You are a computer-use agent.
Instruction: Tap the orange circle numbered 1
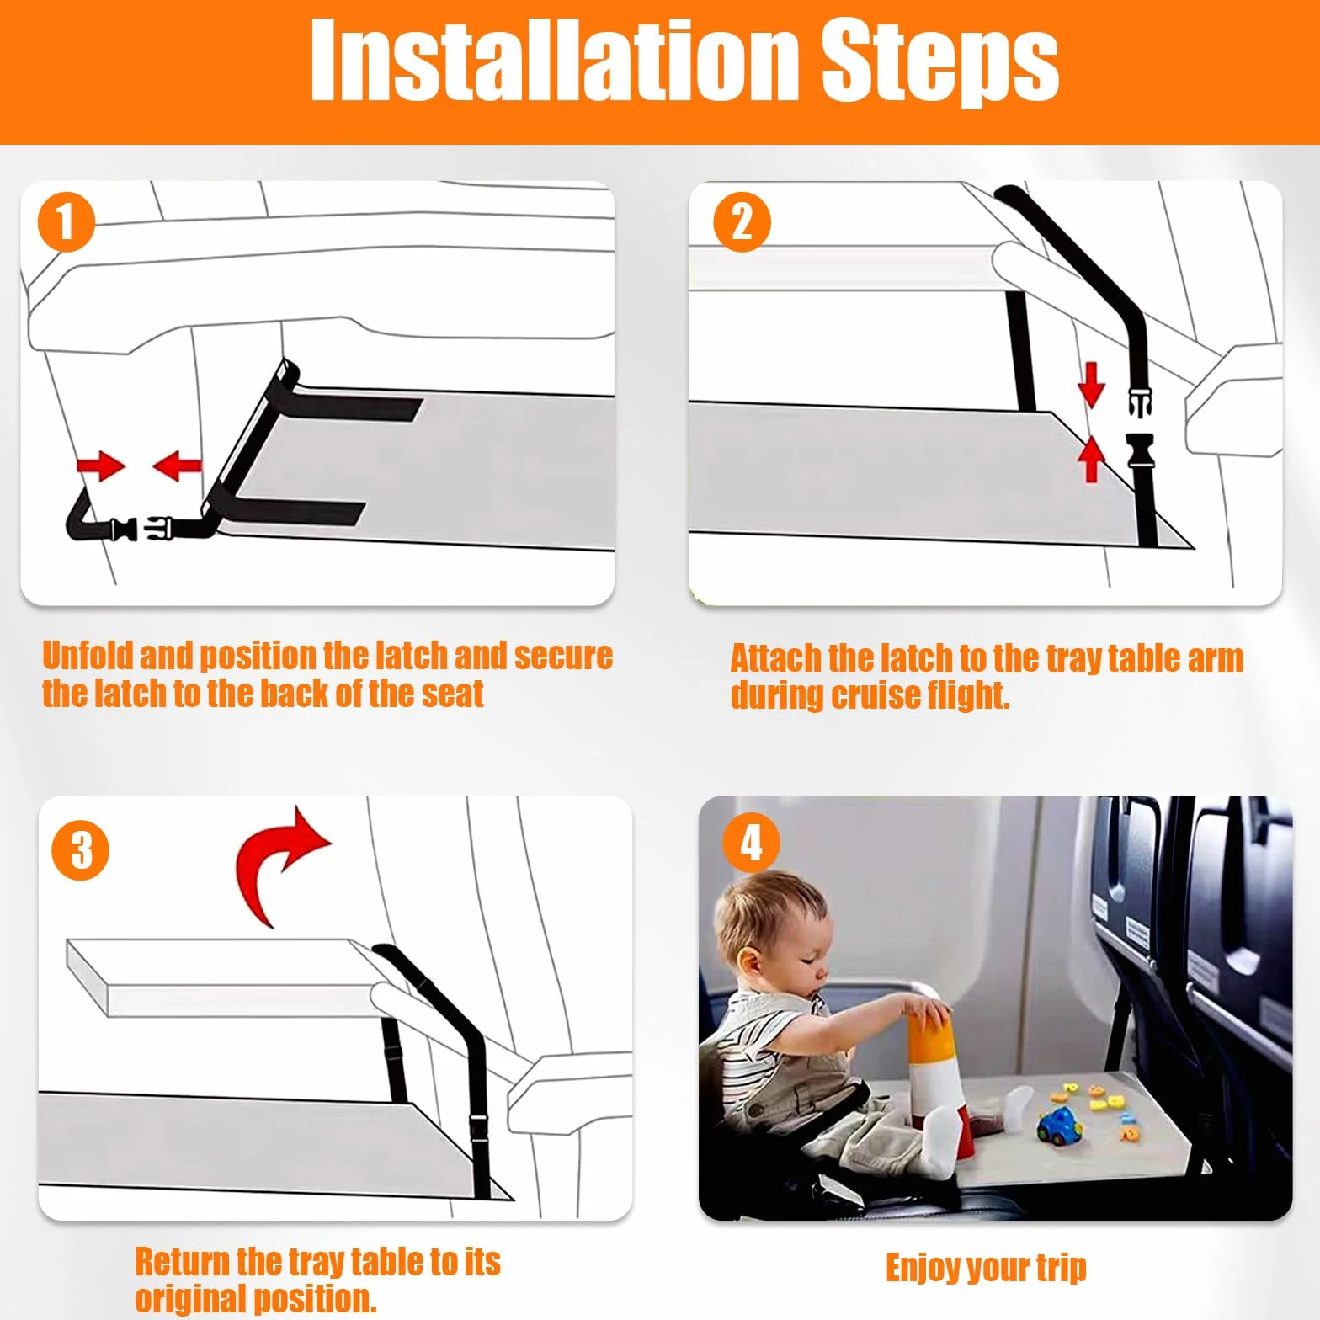pos(66,222)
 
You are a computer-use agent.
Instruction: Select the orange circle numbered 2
pos(742,222)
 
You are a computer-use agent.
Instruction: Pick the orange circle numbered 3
pos(81,850)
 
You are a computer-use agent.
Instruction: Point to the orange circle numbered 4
pos(751,843)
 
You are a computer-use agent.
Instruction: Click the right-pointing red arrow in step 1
pos(100,465)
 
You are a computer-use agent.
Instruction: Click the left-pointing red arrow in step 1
pos(177,465)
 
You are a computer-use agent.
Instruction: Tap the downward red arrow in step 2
pos(1091,384)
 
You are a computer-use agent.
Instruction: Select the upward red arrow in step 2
pos(1091,459)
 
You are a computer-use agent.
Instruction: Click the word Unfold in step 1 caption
pos(88,655)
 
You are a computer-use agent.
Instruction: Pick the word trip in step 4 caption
pos(1061,1269)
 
